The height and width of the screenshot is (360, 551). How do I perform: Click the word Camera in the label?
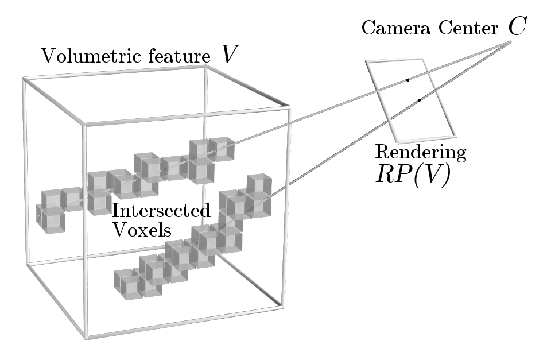[x=387, y=29]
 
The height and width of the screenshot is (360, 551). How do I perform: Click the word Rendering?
[x=421, y=153]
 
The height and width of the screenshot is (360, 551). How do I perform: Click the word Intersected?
[x=161, y=211]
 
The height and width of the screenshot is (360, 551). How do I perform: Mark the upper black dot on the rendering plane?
[x=408, y=80]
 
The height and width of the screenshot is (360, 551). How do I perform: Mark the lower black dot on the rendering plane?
[x=420, y=100]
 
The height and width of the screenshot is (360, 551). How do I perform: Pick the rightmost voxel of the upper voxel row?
[x=221, y=148]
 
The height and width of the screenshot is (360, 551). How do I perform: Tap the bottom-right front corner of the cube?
[x=281, y=305]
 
